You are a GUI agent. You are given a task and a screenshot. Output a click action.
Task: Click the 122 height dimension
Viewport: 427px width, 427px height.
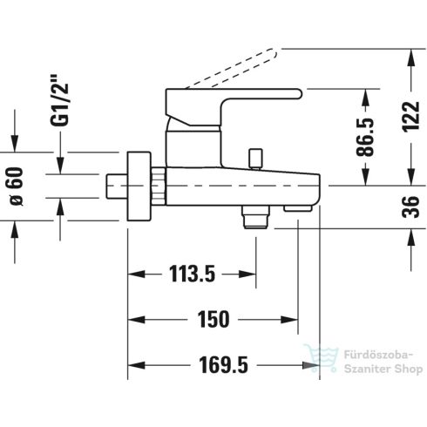tap(413, 113)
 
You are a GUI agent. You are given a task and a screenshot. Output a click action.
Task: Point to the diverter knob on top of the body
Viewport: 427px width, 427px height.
tap(255, 159)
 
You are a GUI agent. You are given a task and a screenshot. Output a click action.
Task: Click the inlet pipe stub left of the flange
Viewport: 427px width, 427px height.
tap(114, 186)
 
